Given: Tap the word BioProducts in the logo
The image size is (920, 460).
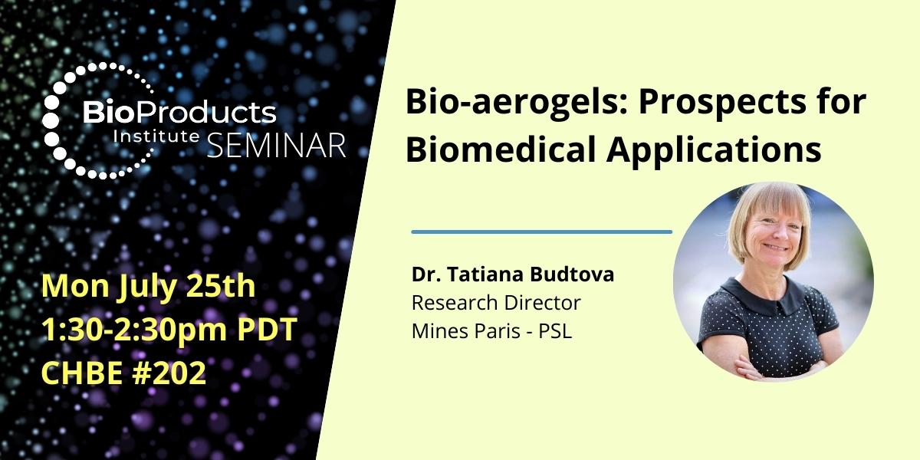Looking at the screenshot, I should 179,113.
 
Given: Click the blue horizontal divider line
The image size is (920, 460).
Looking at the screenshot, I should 541,232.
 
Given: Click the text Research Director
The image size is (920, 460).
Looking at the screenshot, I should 496,303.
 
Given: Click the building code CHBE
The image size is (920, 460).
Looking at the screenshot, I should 80,373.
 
